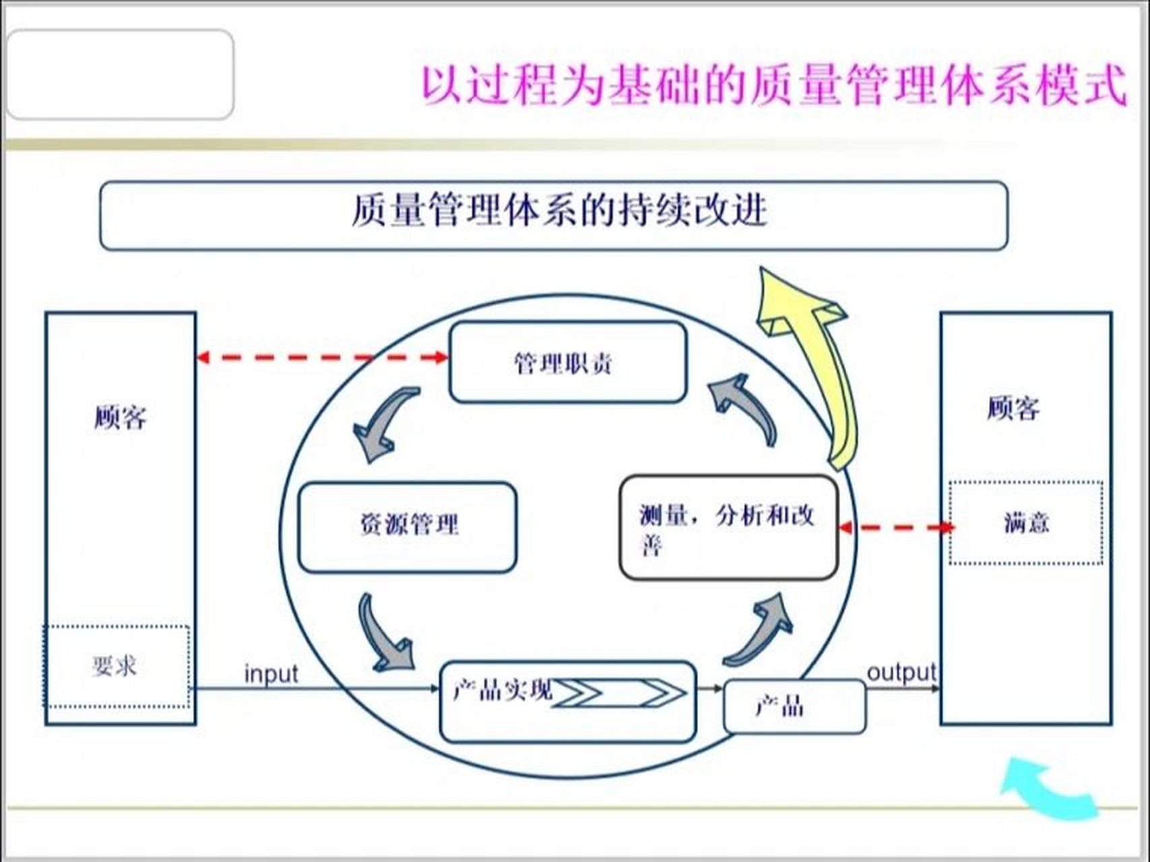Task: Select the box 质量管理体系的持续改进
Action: click(x=553, y=215)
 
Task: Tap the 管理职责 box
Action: click(x=567, y=362)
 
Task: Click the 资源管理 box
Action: click(x=408, y=527)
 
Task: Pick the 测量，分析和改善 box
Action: click(x=728, y=527)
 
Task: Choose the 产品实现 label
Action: click(x=502, y=690)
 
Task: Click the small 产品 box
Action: click(x=794, y=706)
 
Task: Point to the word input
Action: click(x=271, y=673)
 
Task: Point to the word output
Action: click(x=901, y=672)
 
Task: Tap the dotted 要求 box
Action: click(x=116, y=666)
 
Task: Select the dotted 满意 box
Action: click(x=1025, y=523)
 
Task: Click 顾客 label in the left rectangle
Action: click(x=120, y=418)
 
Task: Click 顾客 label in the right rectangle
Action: click(x=1013, y=408)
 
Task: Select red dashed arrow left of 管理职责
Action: click(x=322, y=357)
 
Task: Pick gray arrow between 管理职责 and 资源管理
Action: click(x=383, y=424)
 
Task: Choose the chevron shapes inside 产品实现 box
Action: click(x=618, y=692)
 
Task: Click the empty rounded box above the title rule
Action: click(x=120, y=74)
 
